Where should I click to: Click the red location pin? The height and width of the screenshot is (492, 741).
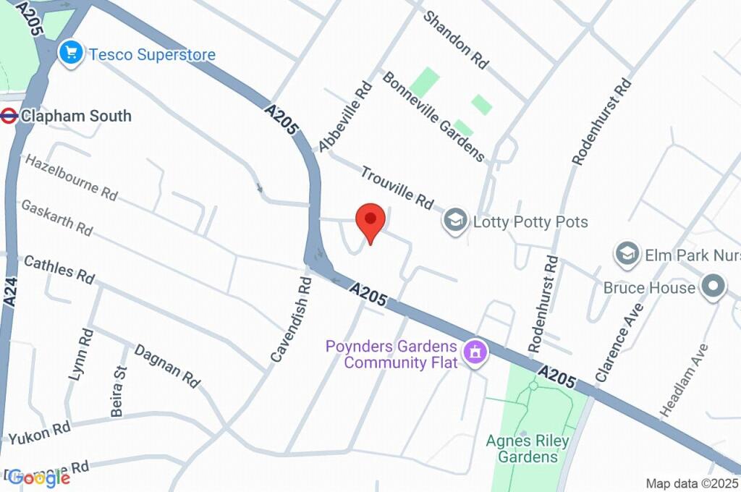pos(370,220)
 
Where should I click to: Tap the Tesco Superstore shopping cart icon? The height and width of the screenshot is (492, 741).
pos(70,54)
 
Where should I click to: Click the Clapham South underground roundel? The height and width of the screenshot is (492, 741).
pos(9,116)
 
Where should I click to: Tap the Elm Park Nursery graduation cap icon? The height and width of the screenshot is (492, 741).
pos(627,255)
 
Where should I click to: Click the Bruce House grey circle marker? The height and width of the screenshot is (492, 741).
pos(714,287)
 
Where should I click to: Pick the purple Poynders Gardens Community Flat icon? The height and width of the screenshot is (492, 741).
pos(475,353)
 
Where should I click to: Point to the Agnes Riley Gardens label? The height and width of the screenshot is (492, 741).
pos(528,449)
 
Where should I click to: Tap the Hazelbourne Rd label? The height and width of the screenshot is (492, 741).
pos(71,177)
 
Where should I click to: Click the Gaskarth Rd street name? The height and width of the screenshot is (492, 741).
pos(57,217)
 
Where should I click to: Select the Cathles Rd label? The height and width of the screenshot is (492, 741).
pos(59,269)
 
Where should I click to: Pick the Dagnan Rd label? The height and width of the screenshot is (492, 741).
pos(167,365)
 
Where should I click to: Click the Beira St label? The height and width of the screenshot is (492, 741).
pos(119,391)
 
